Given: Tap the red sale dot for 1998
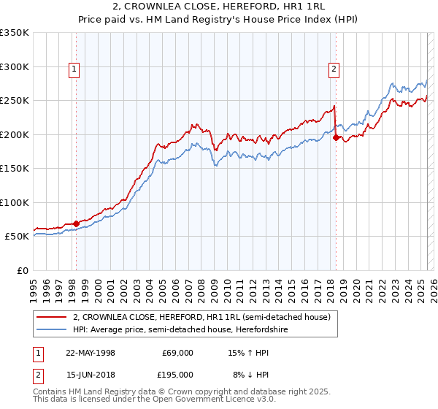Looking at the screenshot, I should click(77, 223).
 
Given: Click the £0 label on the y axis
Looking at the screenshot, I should click(21, 270).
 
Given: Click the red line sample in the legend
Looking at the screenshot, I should click(52, 317).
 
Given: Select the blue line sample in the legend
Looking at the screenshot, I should click(52, 329).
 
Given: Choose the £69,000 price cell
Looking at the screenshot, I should click(178, 353).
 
